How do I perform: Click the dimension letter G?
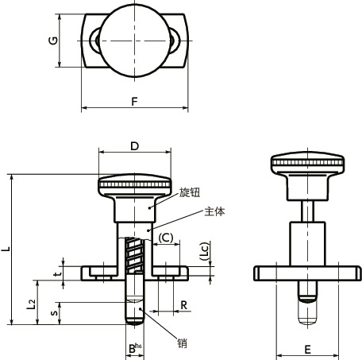click(x=53, y=41)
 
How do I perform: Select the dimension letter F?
click(x=135, y=102)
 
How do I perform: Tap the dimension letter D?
click(x=135, y=146)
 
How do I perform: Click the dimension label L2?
click(x=31, y=304)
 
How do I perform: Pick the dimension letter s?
click(x=54, y=313)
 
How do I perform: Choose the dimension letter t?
click(x=57, y=273)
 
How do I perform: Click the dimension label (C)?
click(x=166, y=238)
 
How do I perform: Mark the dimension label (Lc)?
click(x=205, y=251)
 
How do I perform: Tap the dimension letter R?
click(x=183, y=305)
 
